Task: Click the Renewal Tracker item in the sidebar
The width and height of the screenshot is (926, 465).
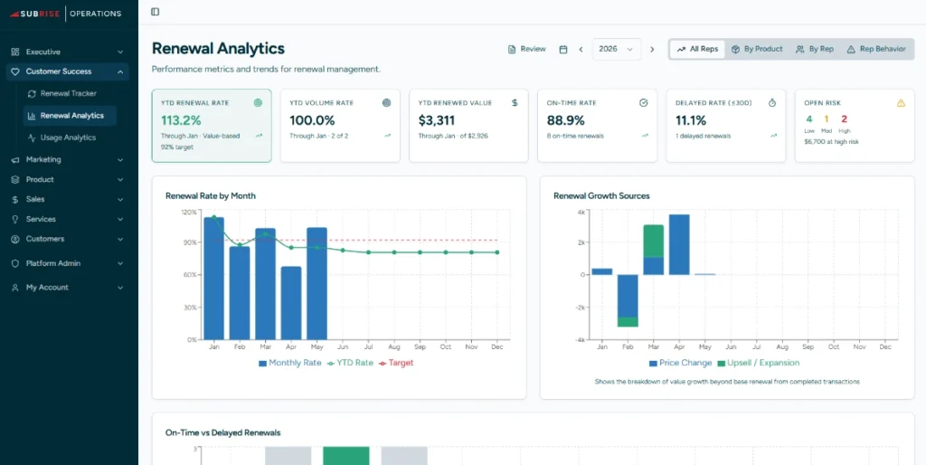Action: pos(68,93)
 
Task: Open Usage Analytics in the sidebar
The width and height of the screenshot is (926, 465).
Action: pos(68,138)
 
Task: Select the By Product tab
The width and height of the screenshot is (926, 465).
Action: pos(757,49)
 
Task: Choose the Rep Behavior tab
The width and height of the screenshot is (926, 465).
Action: pos(875,49)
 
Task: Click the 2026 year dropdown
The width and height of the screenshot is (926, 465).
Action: pos(616,49)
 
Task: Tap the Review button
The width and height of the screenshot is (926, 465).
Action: pos(527,49)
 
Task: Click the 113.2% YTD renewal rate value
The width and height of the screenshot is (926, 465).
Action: pos(181,119)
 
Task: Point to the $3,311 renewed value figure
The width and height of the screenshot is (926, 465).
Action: pos(440,119)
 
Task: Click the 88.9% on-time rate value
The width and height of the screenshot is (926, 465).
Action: pos(566,119)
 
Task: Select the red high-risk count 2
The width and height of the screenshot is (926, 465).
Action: pos(844,119)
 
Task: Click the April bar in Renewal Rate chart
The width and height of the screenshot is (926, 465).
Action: pos(291,302)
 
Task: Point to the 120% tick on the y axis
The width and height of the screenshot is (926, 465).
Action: pos(188,212)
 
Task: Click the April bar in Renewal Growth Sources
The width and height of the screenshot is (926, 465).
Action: pos(679,244)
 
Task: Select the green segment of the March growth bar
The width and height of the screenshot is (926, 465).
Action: pos(653,241)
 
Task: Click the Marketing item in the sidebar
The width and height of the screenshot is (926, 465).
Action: pos(43,159)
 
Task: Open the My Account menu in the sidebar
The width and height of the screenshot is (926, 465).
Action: pos(46,287)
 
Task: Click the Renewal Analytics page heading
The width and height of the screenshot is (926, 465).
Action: pos(218,49)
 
